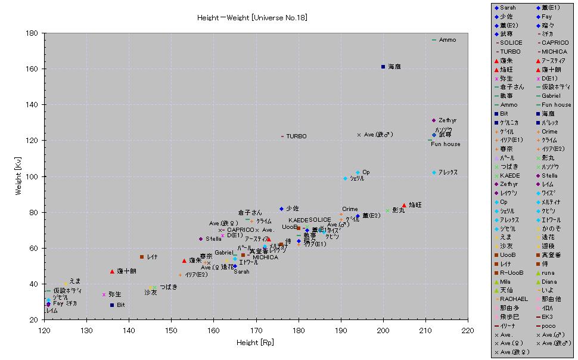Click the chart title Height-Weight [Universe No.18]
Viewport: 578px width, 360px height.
[253, 18]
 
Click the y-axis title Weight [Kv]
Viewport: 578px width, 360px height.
[20, 176]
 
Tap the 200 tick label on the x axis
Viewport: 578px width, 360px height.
[383, 330]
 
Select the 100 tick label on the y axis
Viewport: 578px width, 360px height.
[34, 176]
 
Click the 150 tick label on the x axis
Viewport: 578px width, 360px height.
[171, 330]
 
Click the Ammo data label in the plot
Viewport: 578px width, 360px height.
[448, 40]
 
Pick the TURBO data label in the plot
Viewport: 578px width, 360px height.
[296, 136]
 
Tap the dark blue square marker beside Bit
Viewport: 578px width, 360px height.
[111, 305]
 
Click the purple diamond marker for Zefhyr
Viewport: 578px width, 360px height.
[434, 120]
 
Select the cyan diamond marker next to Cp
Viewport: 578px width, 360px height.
[358, 172]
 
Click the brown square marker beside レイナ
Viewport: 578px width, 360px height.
[142, 257]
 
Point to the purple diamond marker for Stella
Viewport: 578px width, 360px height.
[201, 239]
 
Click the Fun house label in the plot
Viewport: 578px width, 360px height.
[446, 144]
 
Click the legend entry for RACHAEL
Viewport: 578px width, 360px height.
[514, 299]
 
